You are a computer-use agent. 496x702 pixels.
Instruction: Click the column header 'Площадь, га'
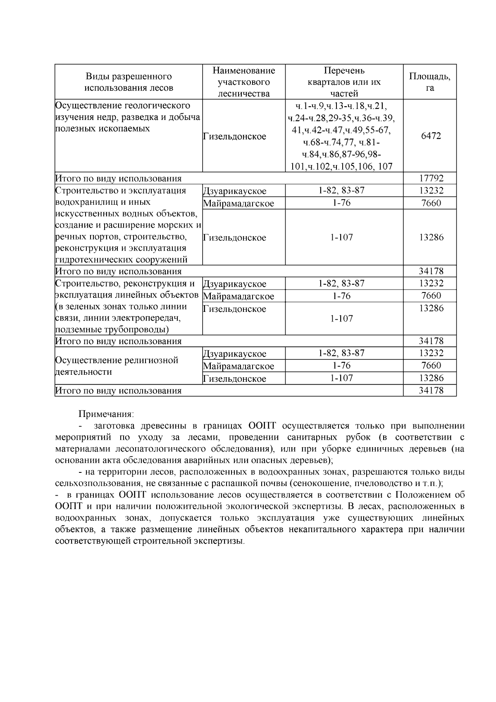[x=430, y=82]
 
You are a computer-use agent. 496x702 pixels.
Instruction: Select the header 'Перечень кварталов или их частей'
[x=344, y=82]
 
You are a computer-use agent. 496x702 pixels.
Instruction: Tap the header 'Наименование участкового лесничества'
[x=243, y=82]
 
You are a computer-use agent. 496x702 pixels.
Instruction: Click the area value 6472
[x=430, y=136]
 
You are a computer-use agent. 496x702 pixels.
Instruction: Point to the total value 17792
[x=430, y=178]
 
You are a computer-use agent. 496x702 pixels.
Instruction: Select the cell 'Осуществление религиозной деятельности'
[x=117, y=366]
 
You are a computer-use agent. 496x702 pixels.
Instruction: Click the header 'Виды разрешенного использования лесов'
[x=129, y=82]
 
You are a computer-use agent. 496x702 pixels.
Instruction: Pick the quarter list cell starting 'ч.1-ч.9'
[x=344, y=136]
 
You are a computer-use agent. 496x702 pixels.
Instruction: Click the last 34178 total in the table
[x=430, y=390]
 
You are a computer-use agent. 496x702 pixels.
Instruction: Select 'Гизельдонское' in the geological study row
[x=234, y=137]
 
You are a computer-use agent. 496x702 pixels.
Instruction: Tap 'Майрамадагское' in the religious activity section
[x=238, y=366]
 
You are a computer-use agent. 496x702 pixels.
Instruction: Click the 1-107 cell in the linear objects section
[x=341, y=319]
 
